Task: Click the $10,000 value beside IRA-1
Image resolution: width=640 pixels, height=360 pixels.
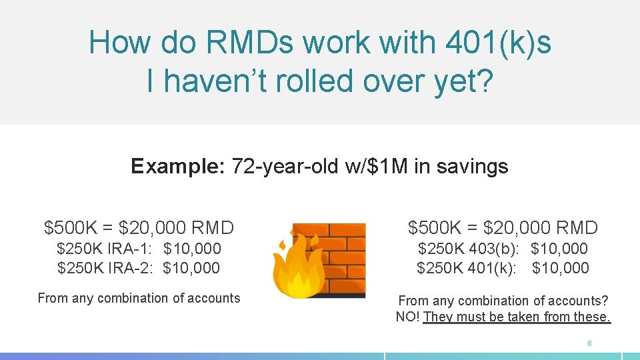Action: (192, 249)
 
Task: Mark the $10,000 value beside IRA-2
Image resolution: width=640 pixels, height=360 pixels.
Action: (192, 268)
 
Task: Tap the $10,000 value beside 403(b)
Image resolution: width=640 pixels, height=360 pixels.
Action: (559, 249)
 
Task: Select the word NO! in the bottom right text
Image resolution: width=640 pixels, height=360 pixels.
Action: (408, 317)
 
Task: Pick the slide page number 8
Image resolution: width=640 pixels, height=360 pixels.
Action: (590, 343)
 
